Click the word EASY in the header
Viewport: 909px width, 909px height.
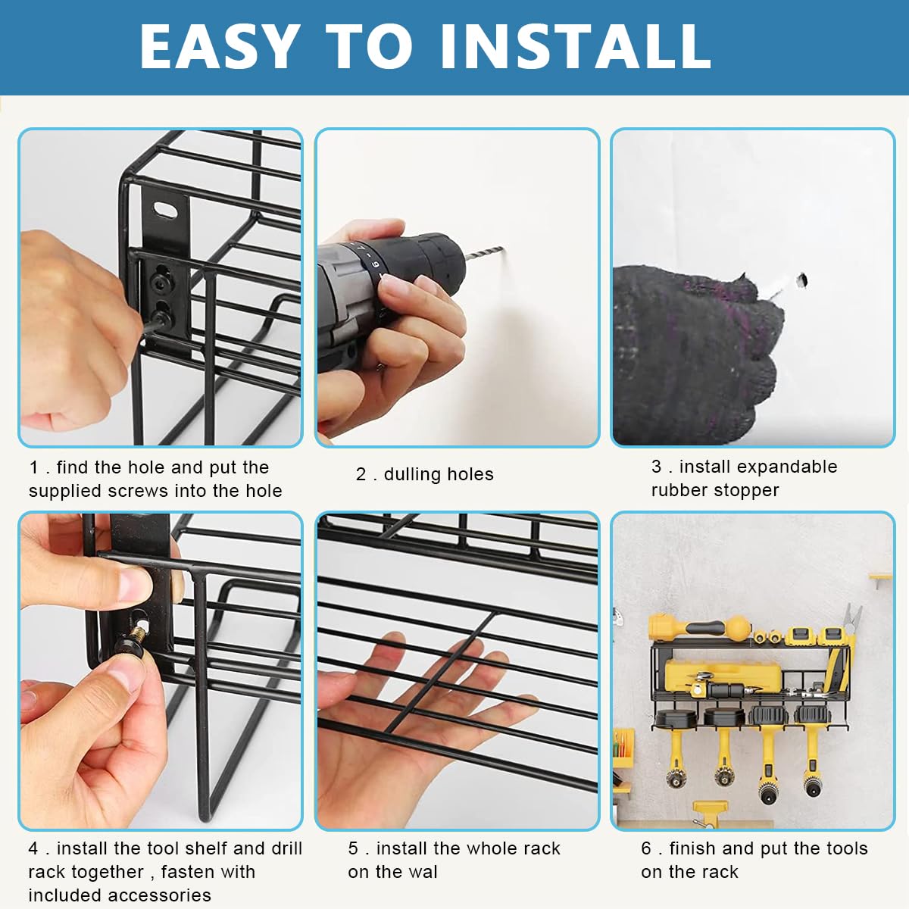220,46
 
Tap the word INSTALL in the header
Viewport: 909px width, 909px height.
576,46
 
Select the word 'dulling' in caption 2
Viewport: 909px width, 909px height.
412,474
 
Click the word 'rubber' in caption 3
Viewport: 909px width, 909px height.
678,490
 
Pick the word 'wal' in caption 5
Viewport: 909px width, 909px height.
423,872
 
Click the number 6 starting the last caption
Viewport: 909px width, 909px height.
646,848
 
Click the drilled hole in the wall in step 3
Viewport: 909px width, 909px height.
801,280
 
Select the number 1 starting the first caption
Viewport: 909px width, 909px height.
33,467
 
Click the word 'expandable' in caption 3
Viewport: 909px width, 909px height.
758,467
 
